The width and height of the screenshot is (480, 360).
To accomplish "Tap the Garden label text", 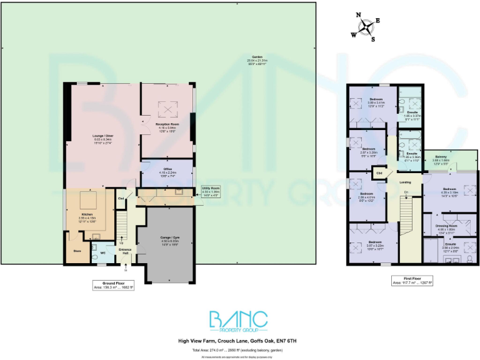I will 257,56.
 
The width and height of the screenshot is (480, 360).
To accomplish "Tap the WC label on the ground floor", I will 102,253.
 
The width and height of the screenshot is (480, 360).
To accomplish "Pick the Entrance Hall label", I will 126,251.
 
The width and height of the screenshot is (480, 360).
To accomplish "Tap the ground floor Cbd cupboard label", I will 121,199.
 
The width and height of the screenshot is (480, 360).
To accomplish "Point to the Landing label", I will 406,182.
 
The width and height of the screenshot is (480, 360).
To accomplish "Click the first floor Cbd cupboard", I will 379,172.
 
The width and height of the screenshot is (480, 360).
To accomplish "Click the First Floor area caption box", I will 411,281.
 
